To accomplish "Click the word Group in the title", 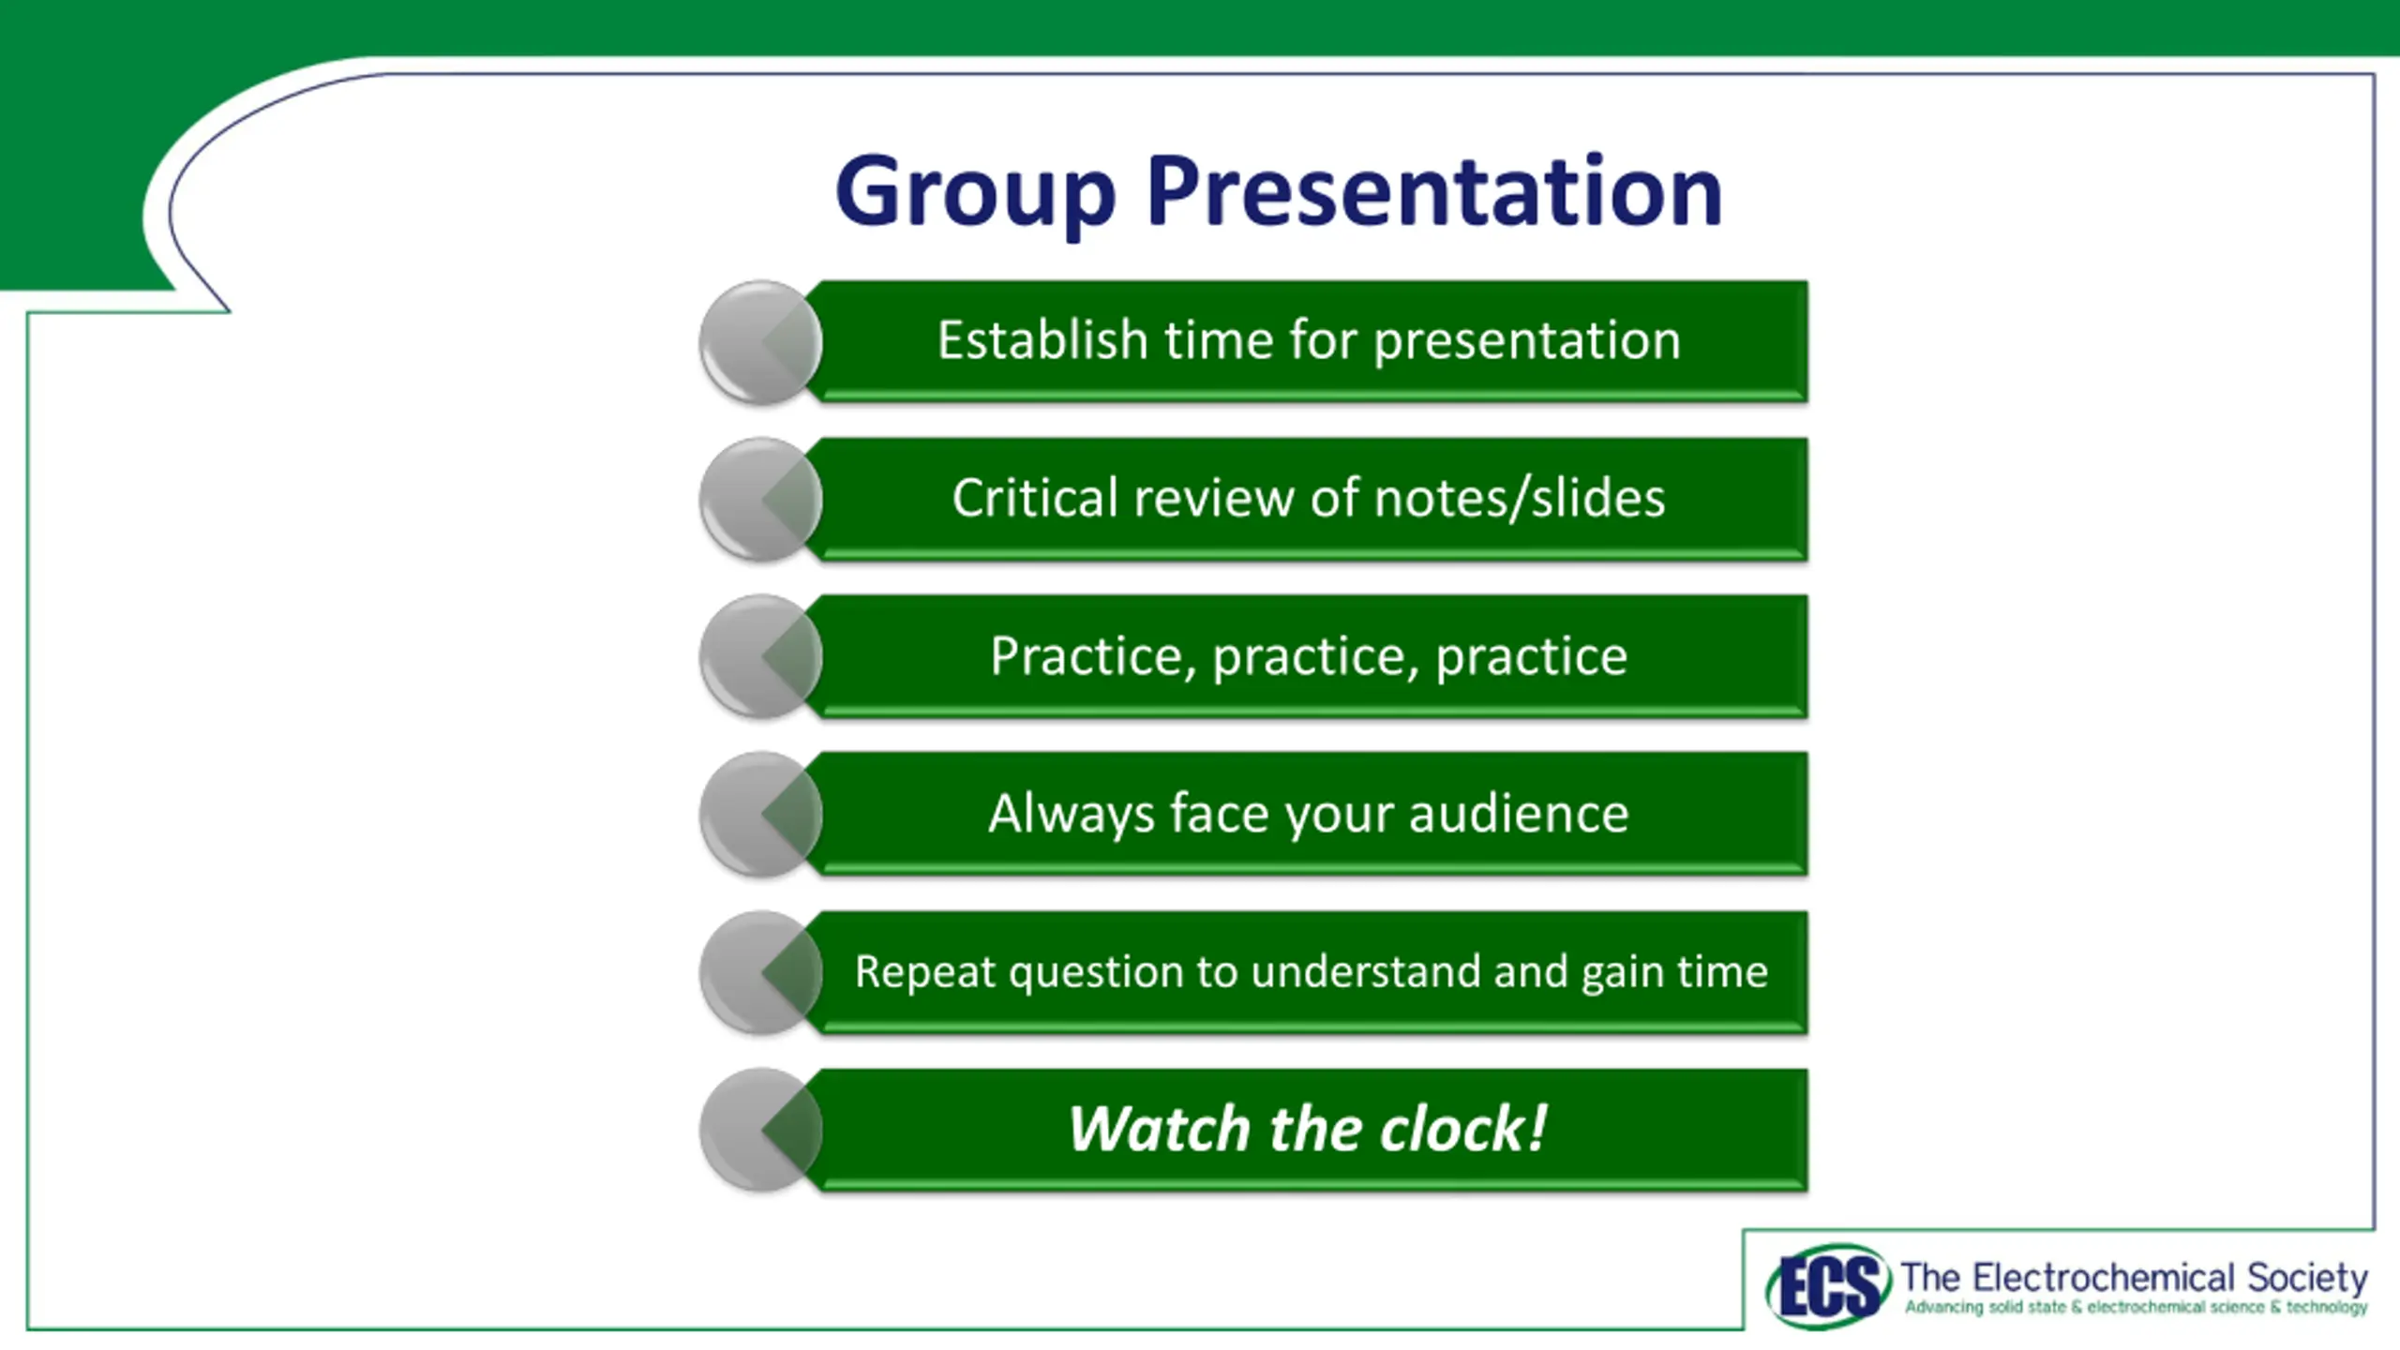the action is [x=975, y=193].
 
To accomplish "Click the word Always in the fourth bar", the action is [x=1071, y=814].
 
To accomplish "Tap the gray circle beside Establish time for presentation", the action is [x=760, y=342].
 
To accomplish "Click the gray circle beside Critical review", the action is [x=760, y=500].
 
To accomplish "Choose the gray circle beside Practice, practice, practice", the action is [x=760, y=657].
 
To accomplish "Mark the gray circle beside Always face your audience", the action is [x=760, y=815].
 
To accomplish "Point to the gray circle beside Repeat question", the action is [x=760, y=973].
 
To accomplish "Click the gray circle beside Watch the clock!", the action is [x=760, y=1131].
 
